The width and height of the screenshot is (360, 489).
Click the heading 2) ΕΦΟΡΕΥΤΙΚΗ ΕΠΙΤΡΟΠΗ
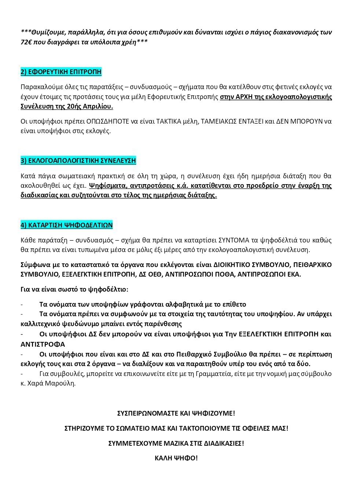point(61,72)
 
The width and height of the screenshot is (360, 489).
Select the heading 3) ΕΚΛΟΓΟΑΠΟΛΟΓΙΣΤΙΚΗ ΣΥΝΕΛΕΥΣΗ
point(78,161)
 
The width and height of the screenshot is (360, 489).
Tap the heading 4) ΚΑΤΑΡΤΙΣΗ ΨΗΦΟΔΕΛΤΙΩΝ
point(66,225)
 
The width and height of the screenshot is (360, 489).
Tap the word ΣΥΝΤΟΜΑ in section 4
point(234,240)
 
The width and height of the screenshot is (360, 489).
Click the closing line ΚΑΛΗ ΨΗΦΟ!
point(176,458)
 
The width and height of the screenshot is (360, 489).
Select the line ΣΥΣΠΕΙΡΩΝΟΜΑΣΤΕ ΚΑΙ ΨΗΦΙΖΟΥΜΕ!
point(176,413)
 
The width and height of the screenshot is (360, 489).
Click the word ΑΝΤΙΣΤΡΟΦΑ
point(43,344)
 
